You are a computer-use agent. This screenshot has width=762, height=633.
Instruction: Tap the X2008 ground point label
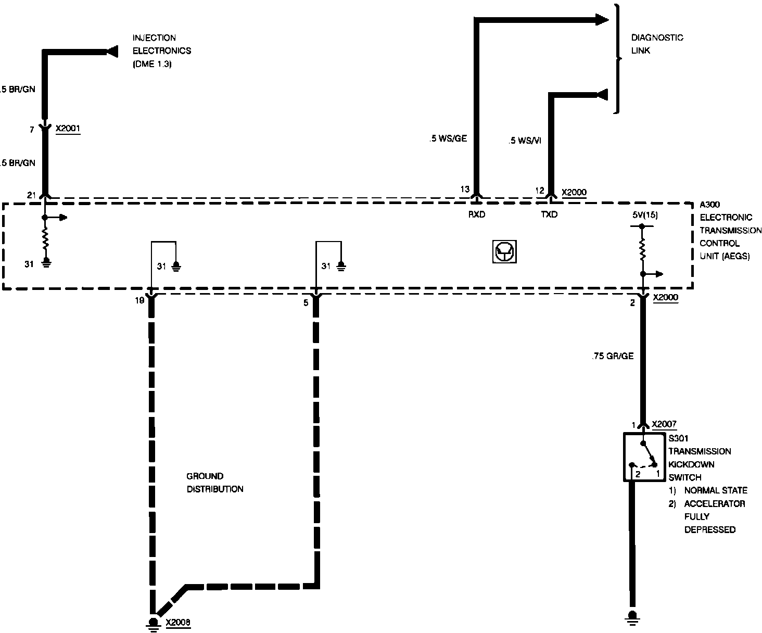(x=178, y=622)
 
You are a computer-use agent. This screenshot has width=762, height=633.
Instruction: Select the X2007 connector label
(x=664, y=424)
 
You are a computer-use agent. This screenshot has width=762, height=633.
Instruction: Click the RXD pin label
(x=476, y=214)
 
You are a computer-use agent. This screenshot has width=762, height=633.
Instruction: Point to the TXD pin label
(x=549, y=214)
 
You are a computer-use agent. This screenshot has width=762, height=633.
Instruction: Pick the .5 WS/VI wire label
(x=525, y=141)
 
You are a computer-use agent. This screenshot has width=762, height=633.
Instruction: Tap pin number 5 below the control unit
(x=306, y=302)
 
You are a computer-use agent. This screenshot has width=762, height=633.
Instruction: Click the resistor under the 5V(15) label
(x=642, y=248)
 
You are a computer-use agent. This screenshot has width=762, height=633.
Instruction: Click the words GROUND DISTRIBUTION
(x=214, y=483)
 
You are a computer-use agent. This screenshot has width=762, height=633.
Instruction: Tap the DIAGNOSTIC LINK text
(x=657, y=44)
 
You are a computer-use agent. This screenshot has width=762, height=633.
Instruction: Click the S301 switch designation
(x=678, y=438)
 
